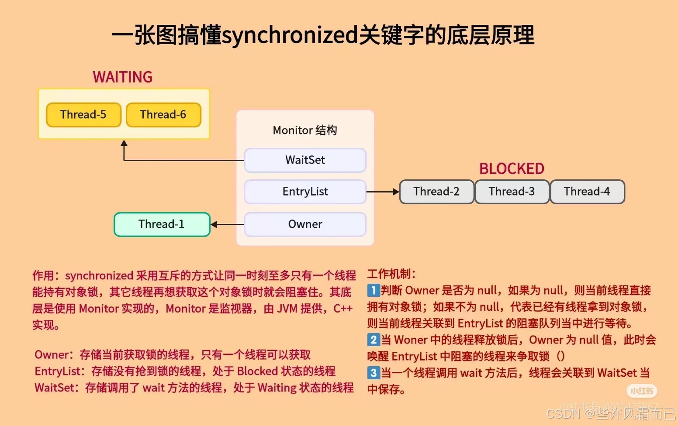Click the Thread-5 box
click(x=83, y=115)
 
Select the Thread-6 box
click(x=163, y=115)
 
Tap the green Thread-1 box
click(x=162, y=224)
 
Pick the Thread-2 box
click(x=436, y=192)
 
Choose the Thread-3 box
click(x=512, y=192)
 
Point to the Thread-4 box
click(x=587, y=192)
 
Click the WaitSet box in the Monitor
click(x=305, y=160)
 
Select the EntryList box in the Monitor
click(x=305, y=192)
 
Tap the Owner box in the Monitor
click(x=305, y=224)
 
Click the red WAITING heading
click(x=123, y=77)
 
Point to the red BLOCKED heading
click(x=512, y=169)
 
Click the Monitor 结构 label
click(x=305, y=130)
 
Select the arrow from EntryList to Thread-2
click(x=382, y=192)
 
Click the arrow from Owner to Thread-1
click(x=227, y=224)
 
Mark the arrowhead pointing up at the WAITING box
click(x=124, y=143)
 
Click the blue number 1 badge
click(x=373, y=290)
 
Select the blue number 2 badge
click(x=373, y=340)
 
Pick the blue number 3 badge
click(x=373, y=373)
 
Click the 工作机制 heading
click(x=391, y=274)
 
